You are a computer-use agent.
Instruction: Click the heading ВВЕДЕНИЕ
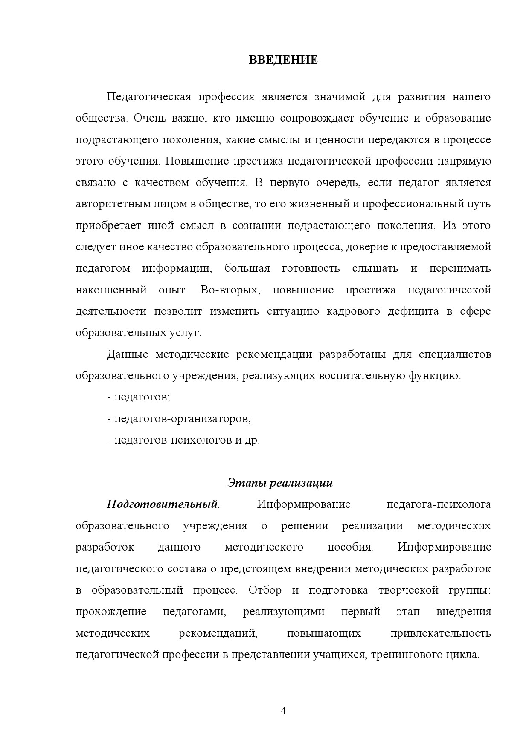[x=283, y=60]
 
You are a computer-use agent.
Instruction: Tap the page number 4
[x=283, y=710]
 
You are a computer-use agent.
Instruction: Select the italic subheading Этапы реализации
[x=280, y=483]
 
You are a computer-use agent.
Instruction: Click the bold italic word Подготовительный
[x=163, y=504]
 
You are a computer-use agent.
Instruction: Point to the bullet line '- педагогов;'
[x=139, y=397]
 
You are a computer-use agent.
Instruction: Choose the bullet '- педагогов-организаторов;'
[x=179, y=418]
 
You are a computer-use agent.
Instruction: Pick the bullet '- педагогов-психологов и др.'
[x=183, y=440]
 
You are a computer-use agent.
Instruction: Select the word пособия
[x=350, y=547]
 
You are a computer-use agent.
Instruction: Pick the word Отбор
[x=265, y=590]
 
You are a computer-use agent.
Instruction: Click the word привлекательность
[x=441, y=633]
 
